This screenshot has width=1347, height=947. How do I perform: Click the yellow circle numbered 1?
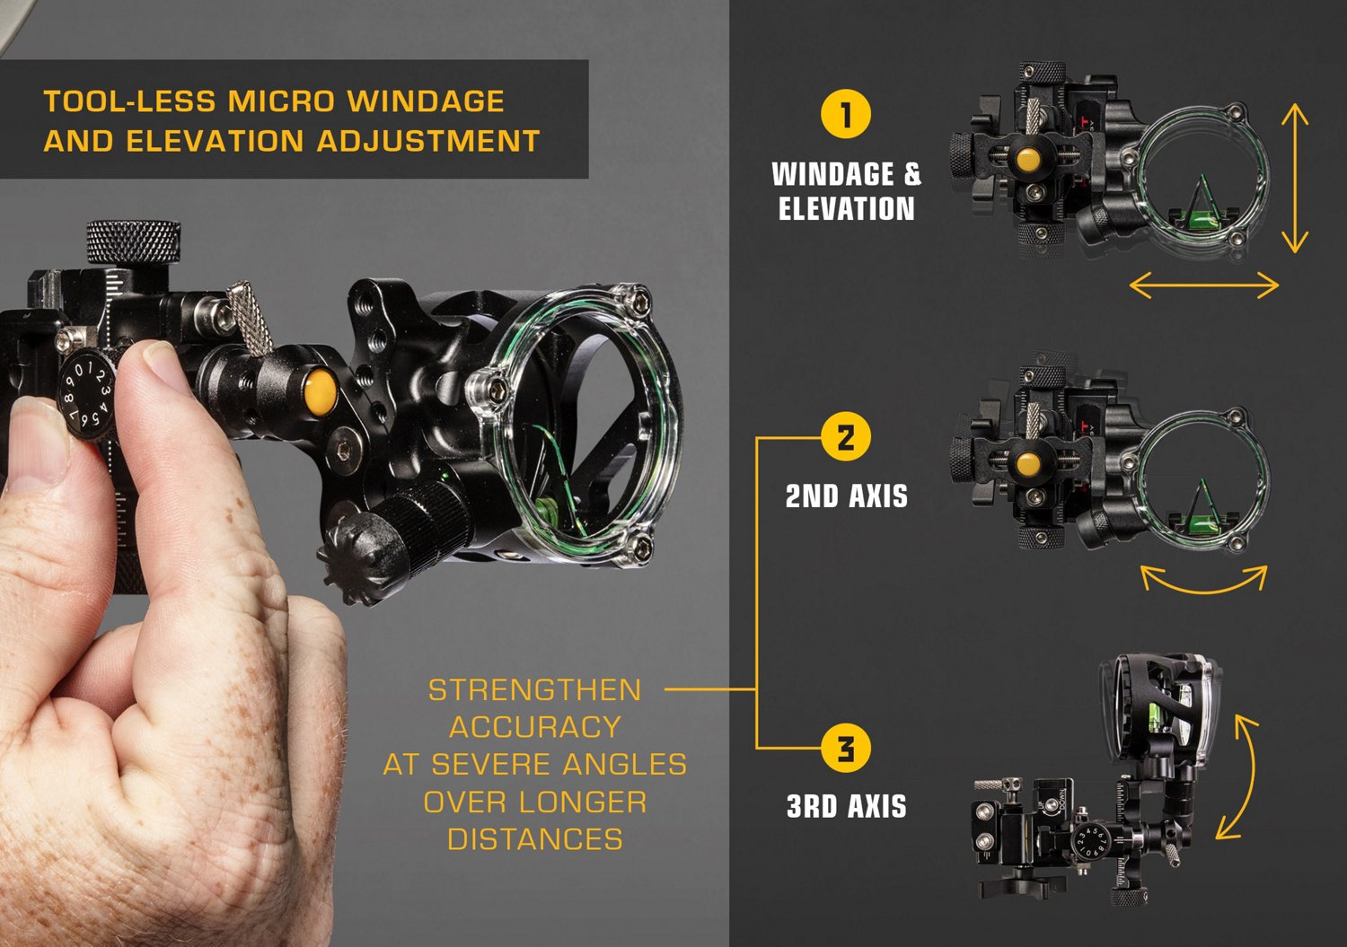(x=846, y=114)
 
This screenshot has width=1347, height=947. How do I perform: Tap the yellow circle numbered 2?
(x=846, y=437)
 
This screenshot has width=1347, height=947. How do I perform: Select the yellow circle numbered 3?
(x=846, y=748)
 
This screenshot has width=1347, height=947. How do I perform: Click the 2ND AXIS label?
(x=846, y=495)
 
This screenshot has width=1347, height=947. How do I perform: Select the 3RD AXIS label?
(x=846, y=806)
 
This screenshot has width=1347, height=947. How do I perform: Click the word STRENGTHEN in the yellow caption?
(x=534, y=690)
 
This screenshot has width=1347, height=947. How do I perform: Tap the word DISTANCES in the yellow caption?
(x=534, y=839)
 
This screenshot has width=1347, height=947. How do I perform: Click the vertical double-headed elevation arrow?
(x=1294, y=178)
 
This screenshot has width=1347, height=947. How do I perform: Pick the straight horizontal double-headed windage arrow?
(x=1203, y=286)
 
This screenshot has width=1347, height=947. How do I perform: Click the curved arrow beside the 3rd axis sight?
(x=1240, y=777)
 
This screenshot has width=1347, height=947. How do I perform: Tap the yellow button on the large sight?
(x=320, y=391)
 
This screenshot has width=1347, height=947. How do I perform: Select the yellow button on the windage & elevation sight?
(x=1028, y=160)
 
